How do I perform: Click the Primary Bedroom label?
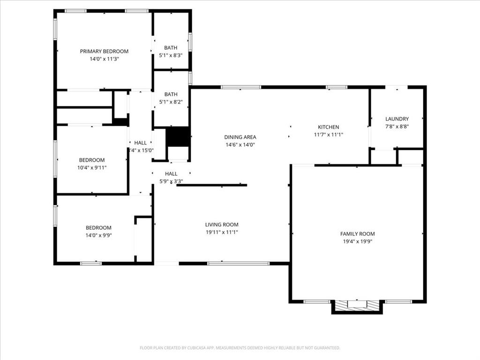tap(104, 52)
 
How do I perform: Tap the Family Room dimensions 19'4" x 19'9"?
tap(357, 241)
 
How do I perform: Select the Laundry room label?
tap(397, 119)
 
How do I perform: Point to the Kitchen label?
tap(328, 127)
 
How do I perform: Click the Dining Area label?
tap(240, 137)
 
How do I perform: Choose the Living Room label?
tap(222, 225)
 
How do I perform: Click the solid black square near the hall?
tap(178, 136)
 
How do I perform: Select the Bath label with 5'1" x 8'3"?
tap(171, 48)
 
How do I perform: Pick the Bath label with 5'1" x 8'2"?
tap(171, 94)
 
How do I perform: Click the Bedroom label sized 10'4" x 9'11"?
tap(92, 160)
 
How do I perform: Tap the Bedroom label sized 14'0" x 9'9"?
tap(98, 228)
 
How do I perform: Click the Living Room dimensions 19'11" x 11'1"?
tap(222, 232)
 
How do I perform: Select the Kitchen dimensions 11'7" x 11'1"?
tap(328, 135)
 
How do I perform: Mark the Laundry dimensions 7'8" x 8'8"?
tap(397, 127)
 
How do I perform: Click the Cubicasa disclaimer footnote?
tap(240, 348)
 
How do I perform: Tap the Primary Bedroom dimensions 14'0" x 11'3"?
tap(104, 59)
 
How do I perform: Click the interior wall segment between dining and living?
tap(212, 185)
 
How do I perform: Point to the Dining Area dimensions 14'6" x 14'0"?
tap(240, 145)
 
